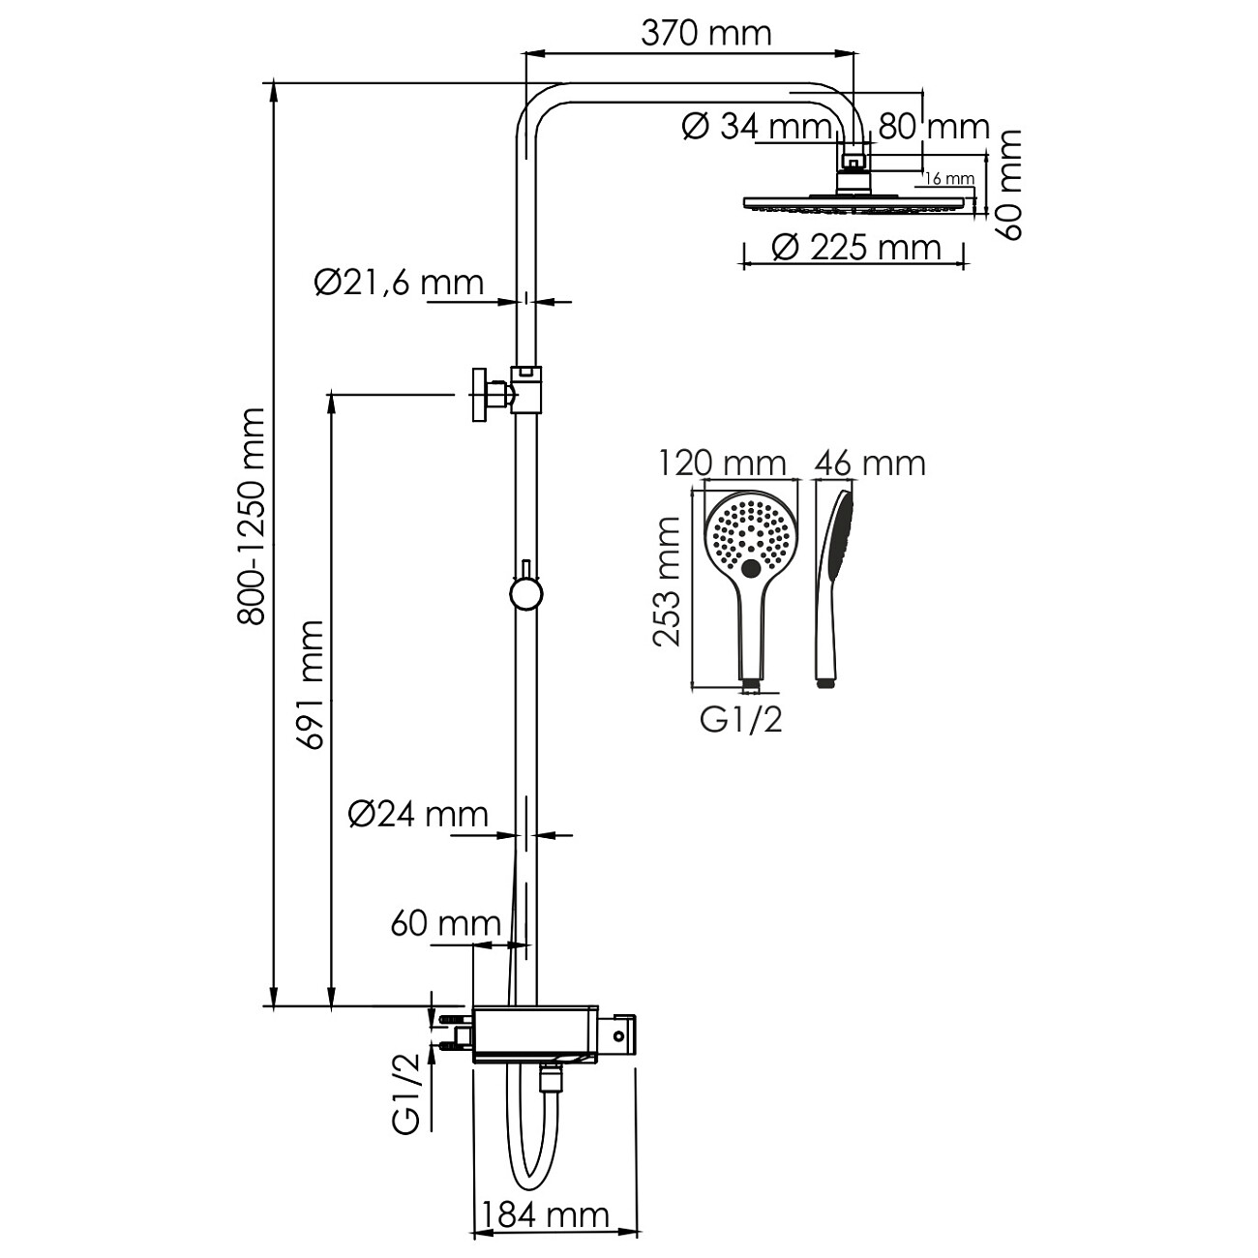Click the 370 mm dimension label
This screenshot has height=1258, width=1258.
706,33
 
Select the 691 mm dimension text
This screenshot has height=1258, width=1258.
310,684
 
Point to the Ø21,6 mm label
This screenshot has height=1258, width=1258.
399,283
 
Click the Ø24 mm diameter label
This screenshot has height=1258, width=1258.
418,815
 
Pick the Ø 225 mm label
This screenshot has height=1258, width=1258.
855,248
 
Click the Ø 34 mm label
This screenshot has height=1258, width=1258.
757,126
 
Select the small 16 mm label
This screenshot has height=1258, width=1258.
948,178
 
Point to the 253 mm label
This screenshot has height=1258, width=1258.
667,581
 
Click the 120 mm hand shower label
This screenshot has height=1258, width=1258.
722,463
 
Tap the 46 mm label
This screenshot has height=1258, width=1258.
869,463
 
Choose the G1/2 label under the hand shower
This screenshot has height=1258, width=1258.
740,720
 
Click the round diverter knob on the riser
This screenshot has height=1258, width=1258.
525,592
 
